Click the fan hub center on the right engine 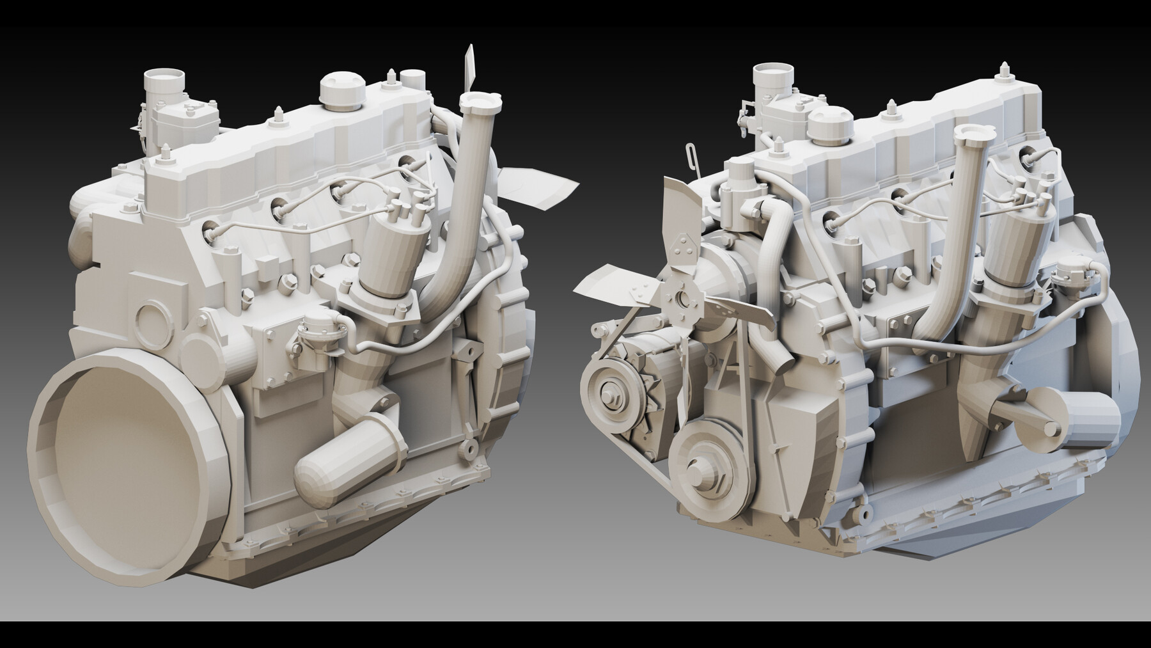tap(682, 298)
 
